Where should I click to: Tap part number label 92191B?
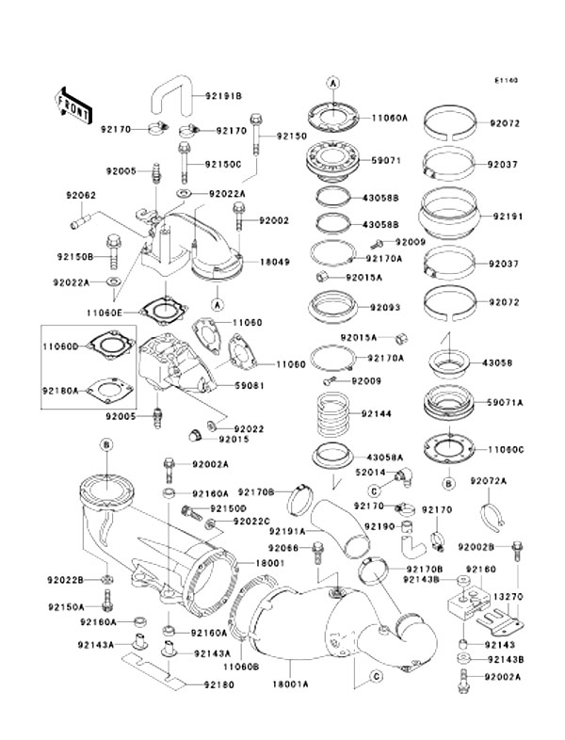tap(224, 96)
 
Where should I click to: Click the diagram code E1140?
tap(509, 81)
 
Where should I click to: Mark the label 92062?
tap(79, 196)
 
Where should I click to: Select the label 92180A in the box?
tap(61, 384)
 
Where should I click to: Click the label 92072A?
tap(515, 481)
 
